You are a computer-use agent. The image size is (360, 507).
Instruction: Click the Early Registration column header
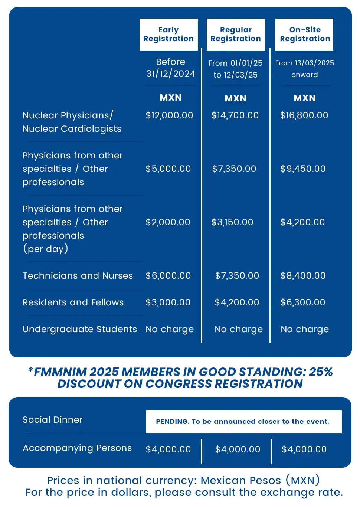tap(168, 35)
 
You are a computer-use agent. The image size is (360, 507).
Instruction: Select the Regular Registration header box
tap(236, 35)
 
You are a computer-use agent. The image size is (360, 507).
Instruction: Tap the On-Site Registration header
tap(304, 35)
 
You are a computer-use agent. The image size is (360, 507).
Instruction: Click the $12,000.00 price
tap(169, 115)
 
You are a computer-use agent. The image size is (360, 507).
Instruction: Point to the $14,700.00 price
tap(235, 115)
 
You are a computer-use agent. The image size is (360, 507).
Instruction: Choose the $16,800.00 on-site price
tap(304, 115)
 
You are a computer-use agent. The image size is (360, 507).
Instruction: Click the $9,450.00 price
tap(303, 169)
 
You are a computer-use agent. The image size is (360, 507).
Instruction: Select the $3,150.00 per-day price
tap(232, 222)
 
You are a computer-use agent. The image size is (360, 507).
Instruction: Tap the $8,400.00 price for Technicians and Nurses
tap(303, 276)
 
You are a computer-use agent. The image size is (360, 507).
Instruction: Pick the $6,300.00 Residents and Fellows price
tap(303, 302)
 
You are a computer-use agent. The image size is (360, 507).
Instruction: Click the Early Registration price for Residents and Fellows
tap(168, 302)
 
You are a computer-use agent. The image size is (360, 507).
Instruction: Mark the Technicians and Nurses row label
tap(78, 276)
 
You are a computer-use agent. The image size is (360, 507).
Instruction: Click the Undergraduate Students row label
tap(80, 329)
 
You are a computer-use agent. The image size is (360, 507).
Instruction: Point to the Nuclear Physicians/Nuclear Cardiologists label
tap(72, 122)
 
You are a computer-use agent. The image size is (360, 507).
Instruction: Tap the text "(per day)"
tap(46, 249)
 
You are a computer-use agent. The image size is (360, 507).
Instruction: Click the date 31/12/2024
tap(171, 74)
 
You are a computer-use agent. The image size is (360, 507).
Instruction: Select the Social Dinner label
tap(53, 420)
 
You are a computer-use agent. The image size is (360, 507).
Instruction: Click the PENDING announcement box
tap(243, 422)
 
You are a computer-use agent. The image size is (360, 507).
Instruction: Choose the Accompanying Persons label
tap(77, 448)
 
